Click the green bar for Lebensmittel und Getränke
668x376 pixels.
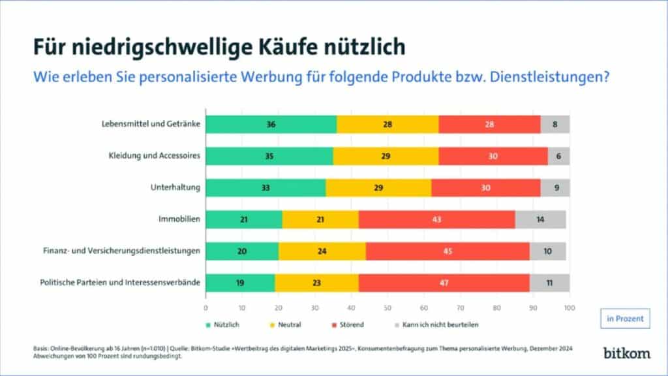(x=271, y=124)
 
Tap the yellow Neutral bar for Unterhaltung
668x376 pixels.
(x=378, y=187)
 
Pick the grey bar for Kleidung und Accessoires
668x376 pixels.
(x=558, y=156)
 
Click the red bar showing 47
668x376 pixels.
(x=444, y=283)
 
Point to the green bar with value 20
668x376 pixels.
(x=242, y=251)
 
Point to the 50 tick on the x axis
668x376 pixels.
(x=387, y=307)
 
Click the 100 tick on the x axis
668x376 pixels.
(x=569, y=307)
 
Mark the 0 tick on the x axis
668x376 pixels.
(x=206, y=307)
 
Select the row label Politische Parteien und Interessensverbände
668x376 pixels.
(x=121, y=283)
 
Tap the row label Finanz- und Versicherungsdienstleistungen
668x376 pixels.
(x=121, y=251)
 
